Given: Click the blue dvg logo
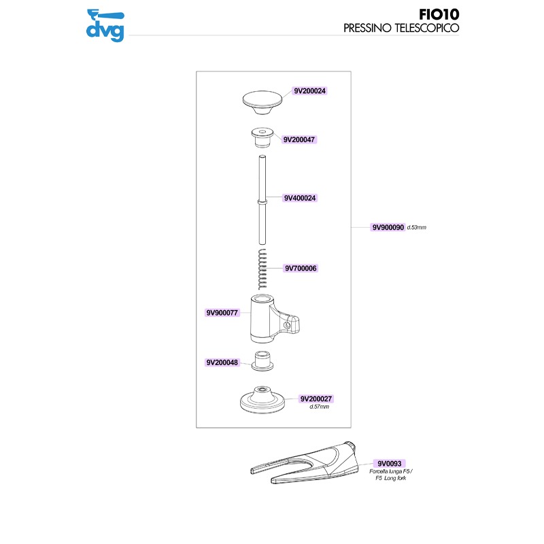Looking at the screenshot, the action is pyautogui.click(x=105, y=26).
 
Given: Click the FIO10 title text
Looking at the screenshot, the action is pyautogui.click(x=439, y=14).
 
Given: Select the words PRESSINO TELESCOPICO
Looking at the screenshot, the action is pyautogui.click(x=401, y=28).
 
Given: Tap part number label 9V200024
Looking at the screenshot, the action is pyautogui.click(x=309, y=91).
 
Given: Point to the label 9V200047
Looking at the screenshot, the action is pyautogui.click(x=299, y=139).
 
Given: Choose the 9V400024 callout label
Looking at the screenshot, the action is pyautogui.click(x=300, y=198).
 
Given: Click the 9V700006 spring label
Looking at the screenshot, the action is pyautogui.click(x=301, y=268).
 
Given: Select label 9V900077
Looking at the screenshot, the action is pyautogui.click(x=222, y=313).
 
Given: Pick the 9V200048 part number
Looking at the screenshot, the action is pyautogui.click(x=222, y=362).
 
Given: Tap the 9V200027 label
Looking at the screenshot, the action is pyautogui.click(x=316, y=399).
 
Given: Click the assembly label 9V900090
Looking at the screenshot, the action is pyautogui.click(x=388, y=227).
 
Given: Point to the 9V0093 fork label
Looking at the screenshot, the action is pyautogui.click(x=389, y=464).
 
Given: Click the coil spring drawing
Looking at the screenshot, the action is pyautogui.click(x=262, y=269).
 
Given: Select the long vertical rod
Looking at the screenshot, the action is pyautogui.click(x=262, y=200).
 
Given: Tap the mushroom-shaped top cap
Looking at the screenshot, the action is pyautogui.click(x=262, y=103).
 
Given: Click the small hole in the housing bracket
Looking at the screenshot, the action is pyautogui.click(x=286, y=326).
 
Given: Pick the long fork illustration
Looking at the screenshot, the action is pyautogui.click(x=304, y=463).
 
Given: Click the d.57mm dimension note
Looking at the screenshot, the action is pyautogui.click(x=319, y=407).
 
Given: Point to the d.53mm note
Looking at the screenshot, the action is pyautogui.click(x=416, y=227).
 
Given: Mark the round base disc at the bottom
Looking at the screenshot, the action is pyautogui.click(x=262, y=400).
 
